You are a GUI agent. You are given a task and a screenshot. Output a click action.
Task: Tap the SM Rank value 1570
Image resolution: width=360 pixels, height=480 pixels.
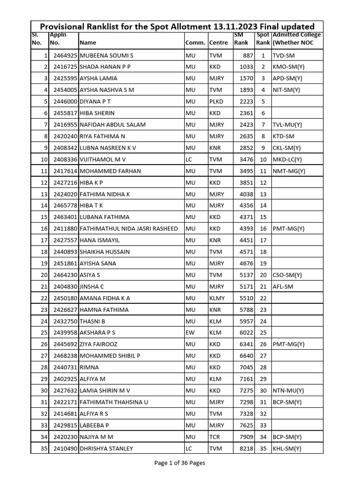(x=246, y=78)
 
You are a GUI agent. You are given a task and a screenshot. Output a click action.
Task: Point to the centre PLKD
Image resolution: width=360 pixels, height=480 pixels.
(x=217, y=102)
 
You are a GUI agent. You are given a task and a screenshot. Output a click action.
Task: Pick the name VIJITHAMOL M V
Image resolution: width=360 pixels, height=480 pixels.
(x=103, y=159)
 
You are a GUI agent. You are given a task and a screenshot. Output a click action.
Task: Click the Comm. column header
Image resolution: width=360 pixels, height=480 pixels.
(x=195, y=43)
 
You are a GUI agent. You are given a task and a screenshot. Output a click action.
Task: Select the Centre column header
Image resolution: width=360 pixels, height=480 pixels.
(x=218, y=43)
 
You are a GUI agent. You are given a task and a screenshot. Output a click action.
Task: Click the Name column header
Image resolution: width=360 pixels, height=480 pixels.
(x=88, y=43)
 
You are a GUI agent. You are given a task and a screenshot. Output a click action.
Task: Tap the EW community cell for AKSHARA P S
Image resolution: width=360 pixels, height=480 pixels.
(x=189, y=333)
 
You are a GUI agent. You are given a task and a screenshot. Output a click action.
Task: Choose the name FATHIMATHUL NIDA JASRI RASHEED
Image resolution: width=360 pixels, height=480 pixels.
(x=129, y=229)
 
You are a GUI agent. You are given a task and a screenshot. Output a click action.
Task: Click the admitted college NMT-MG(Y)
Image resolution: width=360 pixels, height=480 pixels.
(x=289, y=171)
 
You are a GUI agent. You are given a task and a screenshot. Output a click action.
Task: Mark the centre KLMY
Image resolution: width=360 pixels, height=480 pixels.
(x=217, y=298)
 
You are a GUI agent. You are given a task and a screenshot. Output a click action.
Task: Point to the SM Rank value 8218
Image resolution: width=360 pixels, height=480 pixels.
(x=246, y=449)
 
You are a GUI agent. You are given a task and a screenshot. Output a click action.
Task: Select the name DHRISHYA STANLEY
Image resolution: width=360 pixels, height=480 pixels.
(x=106, y=449)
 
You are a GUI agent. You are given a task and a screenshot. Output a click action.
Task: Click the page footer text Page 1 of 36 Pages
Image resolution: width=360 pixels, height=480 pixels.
(x=180, y=463)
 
